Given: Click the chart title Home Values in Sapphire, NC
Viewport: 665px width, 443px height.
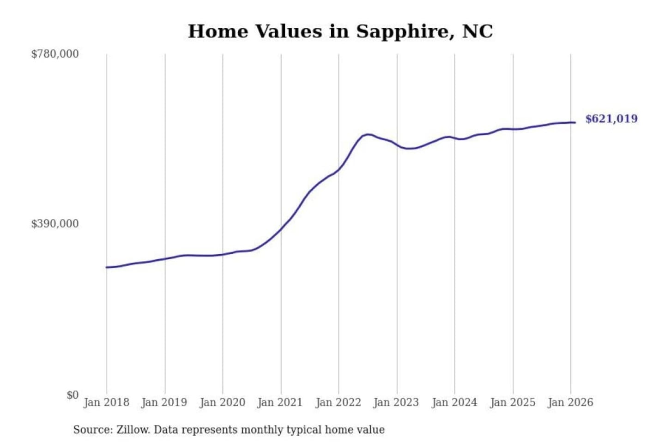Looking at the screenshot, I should point(340,31).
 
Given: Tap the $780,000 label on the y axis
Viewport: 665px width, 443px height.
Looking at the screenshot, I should point(55,54).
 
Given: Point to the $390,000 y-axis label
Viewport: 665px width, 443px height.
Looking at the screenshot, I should point(55,224).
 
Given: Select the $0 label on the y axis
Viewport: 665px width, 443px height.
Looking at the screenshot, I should point(73,395).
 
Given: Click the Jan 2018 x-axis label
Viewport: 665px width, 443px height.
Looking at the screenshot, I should point(106,402).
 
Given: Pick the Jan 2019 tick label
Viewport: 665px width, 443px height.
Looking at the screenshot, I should point(164,402).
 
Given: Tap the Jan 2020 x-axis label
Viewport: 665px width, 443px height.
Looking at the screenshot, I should point(222,402).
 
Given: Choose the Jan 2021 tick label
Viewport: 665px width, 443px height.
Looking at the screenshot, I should point(280,402).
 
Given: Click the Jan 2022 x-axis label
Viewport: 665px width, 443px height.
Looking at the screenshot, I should point(338,402).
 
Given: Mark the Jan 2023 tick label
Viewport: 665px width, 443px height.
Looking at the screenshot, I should point(396,402).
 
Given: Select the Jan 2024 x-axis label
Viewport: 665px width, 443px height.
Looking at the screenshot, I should point(454,402).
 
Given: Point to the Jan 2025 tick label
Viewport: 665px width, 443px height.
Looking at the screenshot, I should point(512,402).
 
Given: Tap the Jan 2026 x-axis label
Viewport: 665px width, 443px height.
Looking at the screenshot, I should point(570,402).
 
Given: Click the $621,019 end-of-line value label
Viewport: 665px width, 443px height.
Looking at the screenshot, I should point(611,119).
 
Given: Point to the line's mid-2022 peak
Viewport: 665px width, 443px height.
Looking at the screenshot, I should point(367,134).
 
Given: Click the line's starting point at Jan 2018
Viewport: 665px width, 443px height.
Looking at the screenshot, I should point(107,267).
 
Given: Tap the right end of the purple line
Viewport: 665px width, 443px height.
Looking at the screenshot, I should point(574,122).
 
